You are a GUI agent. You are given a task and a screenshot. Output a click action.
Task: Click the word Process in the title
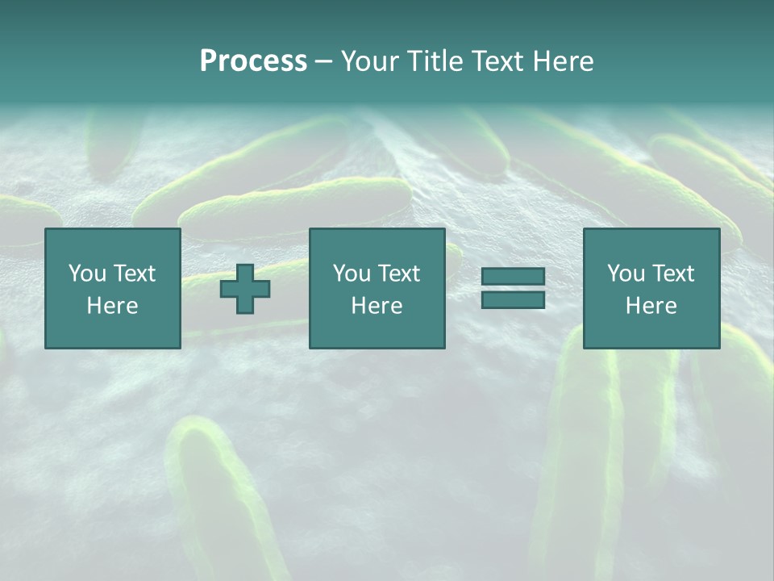pyautogui.click(x=253, y=61)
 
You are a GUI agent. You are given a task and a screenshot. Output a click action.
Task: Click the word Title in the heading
pyautogui.click(x=433, y=61)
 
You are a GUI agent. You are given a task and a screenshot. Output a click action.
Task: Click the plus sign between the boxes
pyautogui.click(x=245, y=289)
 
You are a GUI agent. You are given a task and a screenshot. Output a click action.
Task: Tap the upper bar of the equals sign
pyautogui.click(x=513, y=277)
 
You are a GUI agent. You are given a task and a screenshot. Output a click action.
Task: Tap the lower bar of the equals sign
pyautogui.click(x=513, y=299)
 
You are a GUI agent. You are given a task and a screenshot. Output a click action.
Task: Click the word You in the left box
pyautogui.click(x=87, y=274)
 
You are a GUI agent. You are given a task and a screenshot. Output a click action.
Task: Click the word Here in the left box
pyautogui.click(x=112, y=306)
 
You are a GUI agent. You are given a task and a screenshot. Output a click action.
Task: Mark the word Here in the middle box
pyautogui.click(x=377, y=306)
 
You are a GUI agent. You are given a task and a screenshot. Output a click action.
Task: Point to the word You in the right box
pyautogui.click(x=626, y=274)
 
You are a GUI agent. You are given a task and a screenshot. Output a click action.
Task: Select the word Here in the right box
pyautogui.click(x=651, y=306)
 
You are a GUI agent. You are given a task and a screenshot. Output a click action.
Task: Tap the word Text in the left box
pyautogui.click(x=134, y=274)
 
